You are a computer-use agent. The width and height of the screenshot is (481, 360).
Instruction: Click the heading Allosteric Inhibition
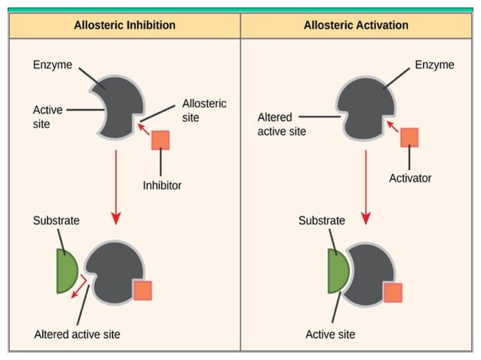(x=124, y=25)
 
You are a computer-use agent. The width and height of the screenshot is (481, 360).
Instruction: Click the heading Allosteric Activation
(x=356, y=25)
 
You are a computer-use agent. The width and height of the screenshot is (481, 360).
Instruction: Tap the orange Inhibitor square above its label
(x=161, y=140)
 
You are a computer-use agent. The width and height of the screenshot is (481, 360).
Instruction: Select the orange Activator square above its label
(x=409, y=136)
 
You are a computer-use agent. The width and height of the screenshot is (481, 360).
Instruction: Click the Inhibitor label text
(x=162, y=185)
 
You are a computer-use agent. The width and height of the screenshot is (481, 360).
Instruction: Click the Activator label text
(x=410, y=178)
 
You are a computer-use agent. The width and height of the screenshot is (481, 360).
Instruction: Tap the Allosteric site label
(x=204, y=111)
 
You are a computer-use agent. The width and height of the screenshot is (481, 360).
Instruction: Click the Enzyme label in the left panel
(x=53, y=65)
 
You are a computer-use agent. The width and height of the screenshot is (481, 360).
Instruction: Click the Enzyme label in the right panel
(x=434, y=65)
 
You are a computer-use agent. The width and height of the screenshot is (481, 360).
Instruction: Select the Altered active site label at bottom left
(x=77, y=334)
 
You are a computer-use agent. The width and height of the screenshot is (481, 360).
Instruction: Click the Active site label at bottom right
(x=330, y=334)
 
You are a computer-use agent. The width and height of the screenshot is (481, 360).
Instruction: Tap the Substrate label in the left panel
(x=56, y=221)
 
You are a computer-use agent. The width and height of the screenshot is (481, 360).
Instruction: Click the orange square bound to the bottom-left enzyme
(x=142, y=291)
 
